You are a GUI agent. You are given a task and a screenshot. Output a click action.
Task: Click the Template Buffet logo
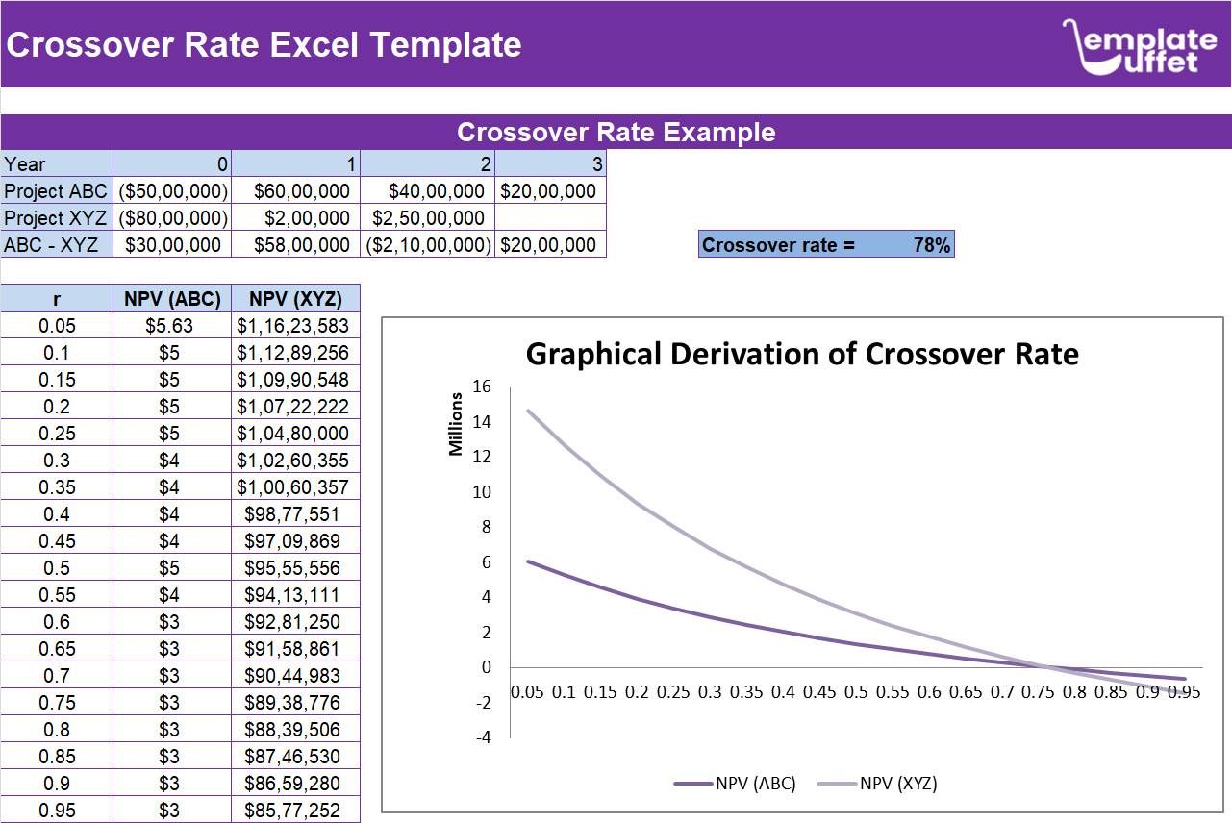point(1139,45)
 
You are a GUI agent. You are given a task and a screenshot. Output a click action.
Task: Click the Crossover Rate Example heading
point(616,133)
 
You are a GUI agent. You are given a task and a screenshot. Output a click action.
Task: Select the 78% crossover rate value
point(931,245)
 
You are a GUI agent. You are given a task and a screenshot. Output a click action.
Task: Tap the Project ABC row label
point(56,191)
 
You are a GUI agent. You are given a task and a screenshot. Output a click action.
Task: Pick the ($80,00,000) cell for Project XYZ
point(172,218)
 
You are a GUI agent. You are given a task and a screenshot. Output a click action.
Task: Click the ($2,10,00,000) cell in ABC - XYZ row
point(428,245)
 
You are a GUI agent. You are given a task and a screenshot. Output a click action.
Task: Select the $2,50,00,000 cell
point(428,218)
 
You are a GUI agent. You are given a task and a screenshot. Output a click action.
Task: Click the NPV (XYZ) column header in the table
point(295,299)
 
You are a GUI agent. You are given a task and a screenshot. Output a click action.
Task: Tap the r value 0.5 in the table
point(57,568)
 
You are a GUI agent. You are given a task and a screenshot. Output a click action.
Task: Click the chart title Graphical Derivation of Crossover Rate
point(802,354)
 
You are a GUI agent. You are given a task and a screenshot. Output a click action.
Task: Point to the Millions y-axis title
point(456,424)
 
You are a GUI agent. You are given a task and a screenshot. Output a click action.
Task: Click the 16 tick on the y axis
point(482,387)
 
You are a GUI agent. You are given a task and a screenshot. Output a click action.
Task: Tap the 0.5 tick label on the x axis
point(856,692)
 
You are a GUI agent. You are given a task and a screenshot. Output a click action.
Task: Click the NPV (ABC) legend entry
point(736,783)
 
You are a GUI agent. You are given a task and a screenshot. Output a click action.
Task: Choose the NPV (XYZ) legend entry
point(877,783)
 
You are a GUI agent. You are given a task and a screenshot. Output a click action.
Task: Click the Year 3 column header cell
point(550,164)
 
